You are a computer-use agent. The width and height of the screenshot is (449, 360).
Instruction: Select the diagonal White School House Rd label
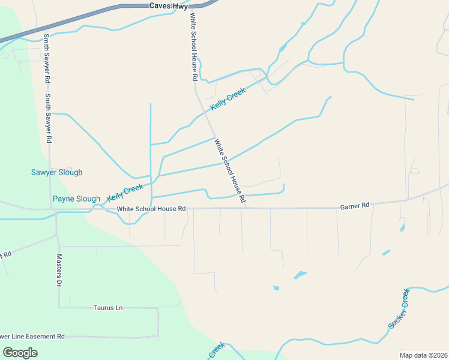pos(231,170)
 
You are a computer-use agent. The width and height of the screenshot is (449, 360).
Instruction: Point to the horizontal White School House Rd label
pos(151,209)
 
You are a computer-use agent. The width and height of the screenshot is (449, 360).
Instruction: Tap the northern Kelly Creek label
pos(228,100)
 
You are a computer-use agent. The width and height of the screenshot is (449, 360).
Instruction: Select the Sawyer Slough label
pos(57,172)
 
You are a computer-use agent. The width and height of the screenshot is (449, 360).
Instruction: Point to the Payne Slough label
pos(76,199)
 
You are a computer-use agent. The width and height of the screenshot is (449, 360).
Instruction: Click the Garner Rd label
pos(354,206)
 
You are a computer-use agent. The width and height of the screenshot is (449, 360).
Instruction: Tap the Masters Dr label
pos(59,270)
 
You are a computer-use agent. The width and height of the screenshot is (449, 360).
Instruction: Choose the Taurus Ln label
pos(107,308)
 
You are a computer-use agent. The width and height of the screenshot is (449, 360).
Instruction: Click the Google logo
pos(20,353)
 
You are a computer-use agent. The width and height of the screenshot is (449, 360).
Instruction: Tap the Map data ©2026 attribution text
pos(423,355)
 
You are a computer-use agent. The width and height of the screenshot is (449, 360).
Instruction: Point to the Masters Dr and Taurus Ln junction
pos(59,308)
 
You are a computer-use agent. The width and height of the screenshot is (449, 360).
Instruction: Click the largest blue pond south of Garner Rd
pos(300,275)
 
